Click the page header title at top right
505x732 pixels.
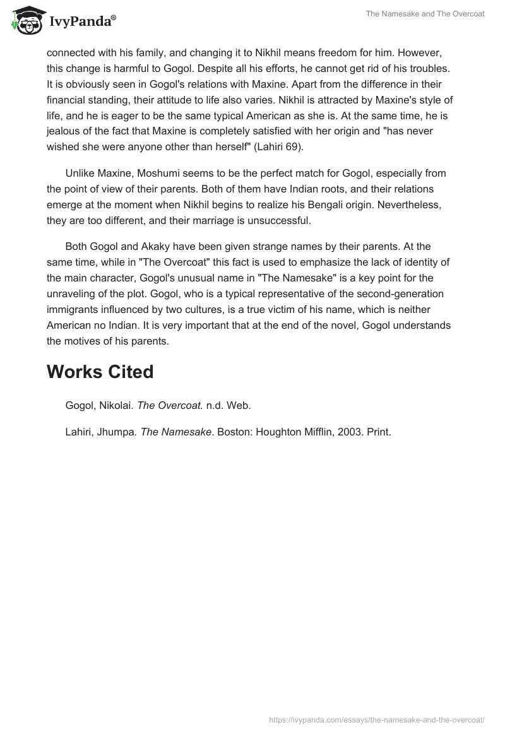coord(425,14)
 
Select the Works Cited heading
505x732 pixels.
coord(100,372)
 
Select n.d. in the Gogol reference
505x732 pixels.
coord(215,406)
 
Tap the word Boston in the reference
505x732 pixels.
coord(234,432)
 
